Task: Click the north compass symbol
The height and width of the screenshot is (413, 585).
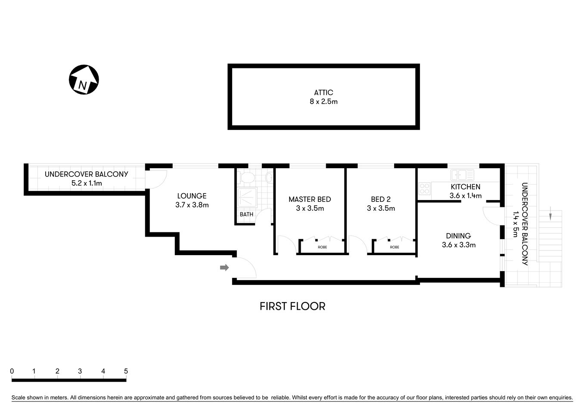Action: pyautogui.click(x=84, y=80)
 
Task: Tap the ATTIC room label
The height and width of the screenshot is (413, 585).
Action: pyautogui.click(x=324, y=92)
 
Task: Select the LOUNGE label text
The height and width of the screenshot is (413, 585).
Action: pyautogui.click(x=192, y=196)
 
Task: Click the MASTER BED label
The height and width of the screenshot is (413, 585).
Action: pyautogui.click(x=310, y=199)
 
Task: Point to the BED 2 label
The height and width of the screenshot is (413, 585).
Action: pyautogui.click(x=381, y=199)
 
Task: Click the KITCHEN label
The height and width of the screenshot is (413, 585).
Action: pyautogui.click(x=465, y=187)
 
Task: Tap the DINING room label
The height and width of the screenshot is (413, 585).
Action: pyautogui.click(x=458, y=236)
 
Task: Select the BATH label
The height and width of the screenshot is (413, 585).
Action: pyautogui.click(x=246, y=214)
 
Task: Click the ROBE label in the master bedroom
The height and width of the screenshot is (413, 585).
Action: pyautogui.click(x=322, y=247)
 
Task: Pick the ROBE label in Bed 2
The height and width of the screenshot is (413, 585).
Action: pyautogui.click(x=395, y=247)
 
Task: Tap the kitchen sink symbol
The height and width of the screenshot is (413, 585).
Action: pyautogui.click(x=462, y=175)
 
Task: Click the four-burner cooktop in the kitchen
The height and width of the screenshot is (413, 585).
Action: pyautogui.click(x=425, y=188)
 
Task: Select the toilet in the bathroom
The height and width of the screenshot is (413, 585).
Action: pyautogui.click(x=247, y=178)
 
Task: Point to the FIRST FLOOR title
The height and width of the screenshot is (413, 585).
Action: pyautogui.click(x=292, y=306)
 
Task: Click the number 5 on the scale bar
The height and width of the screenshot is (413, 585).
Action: pyautogui.click(x=126, y=371)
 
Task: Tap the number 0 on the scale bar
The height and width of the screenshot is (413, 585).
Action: pyautogui.click(x=12, y=371)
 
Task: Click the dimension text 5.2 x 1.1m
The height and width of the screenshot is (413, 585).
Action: pyautogui.click(x=87, y=183)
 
